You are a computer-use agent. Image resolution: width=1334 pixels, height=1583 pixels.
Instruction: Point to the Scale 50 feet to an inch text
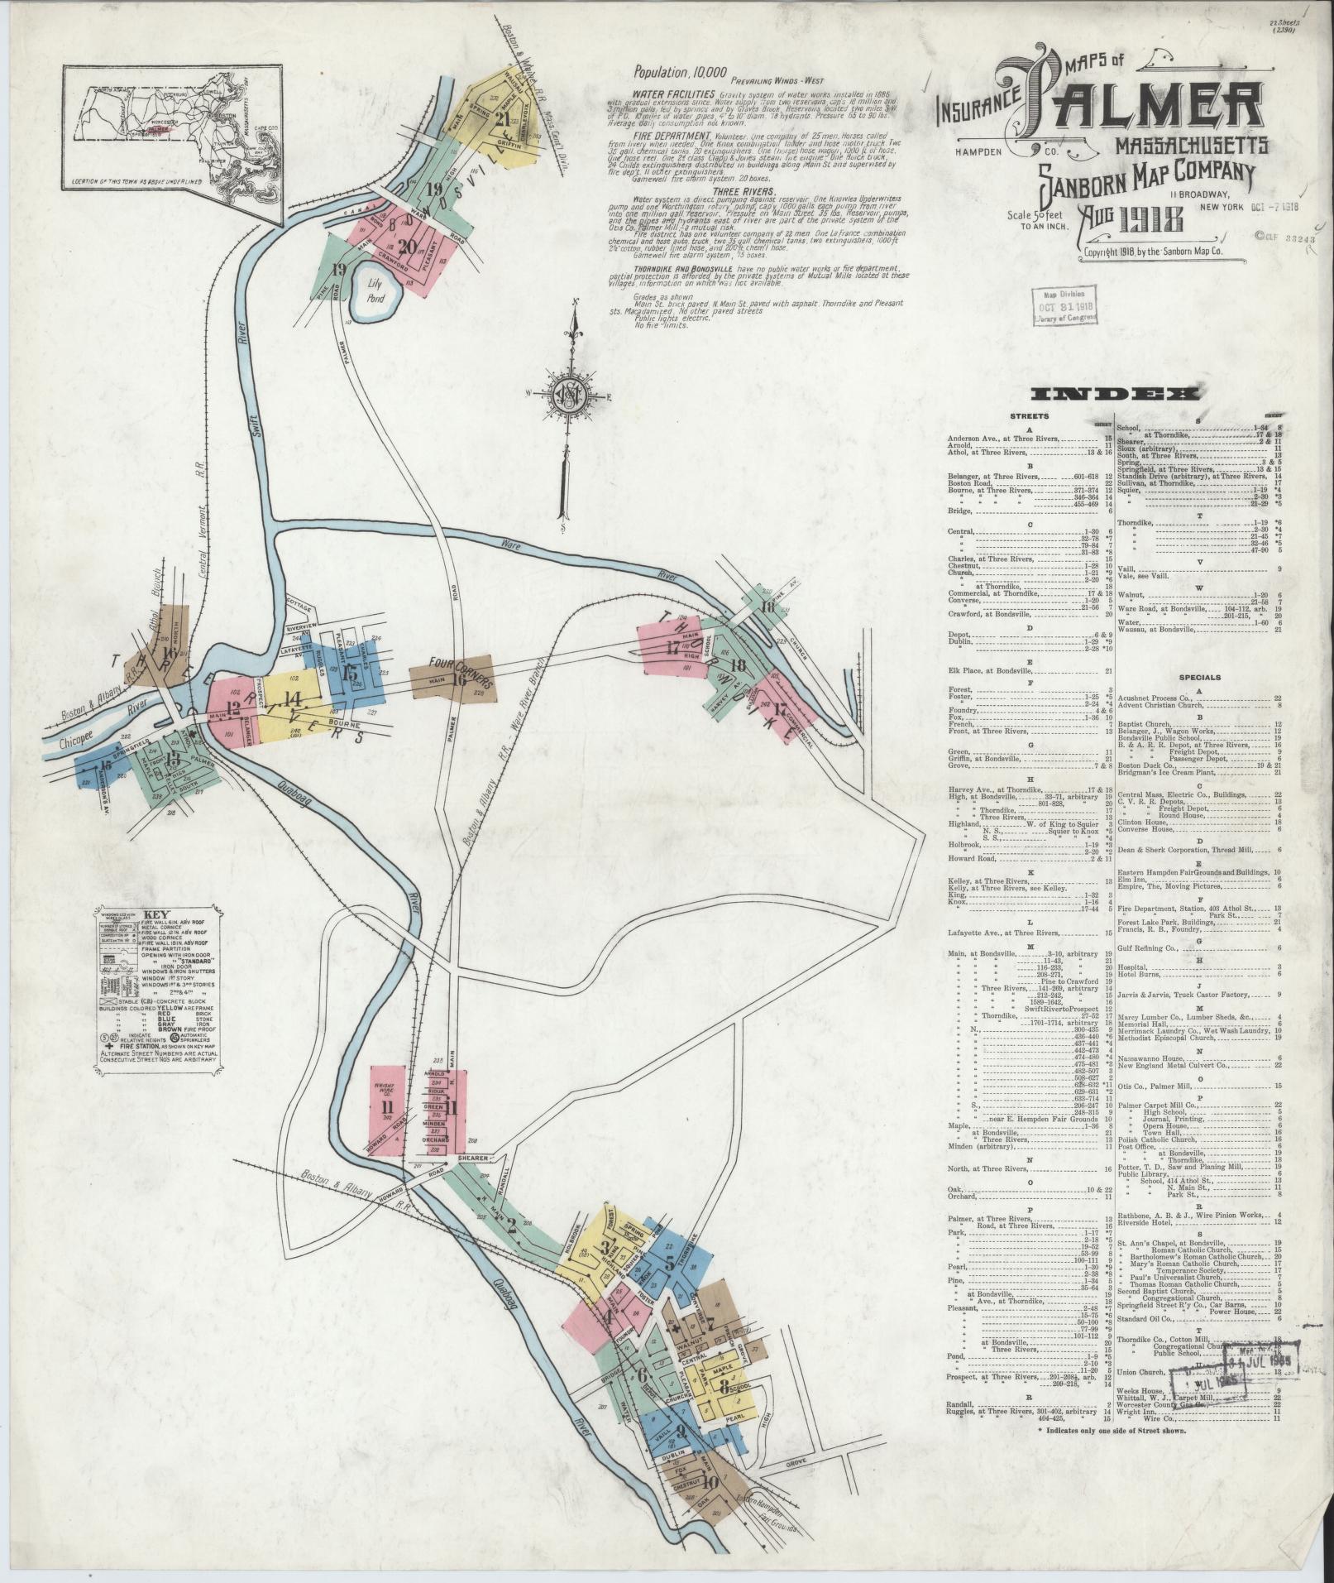coord(1038,219)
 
